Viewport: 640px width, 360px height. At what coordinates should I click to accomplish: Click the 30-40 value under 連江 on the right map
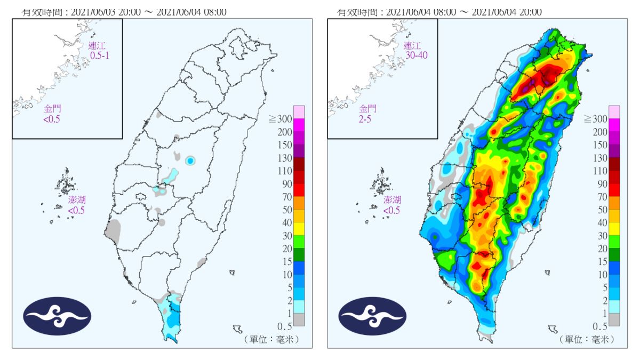tap(416, 55)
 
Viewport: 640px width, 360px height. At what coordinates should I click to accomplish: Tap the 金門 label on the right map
tap(367, 109)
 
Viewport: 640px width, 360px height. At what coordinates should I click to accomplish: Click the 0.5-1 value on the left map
tap(99, 55)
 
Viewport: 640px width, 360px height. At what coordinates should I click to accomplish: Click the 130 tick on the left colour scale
tap(285, 158)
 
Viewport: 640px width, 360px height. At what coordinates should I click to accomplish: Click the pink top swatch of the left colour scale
tap(299, 111)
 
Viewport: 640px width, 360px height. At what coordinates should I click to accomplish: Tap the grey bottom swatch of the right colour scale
tap(614, 319)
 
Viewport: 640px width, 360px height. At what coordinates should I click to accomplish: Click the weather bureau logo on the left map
tap(57, 316)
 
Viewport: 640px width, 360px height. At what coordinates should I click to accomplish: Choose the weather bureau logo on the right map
tap(372, 316)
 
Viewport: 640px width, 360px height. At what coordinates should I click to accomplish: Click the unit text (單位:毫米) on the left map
tap(271, 339)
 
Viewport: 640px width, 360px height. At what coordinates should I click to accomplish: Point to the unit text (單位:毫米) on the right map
tap(586, 339)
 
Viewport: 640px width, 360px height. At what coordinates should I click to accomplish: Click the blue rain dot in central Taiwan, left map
tap(190, 161)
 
